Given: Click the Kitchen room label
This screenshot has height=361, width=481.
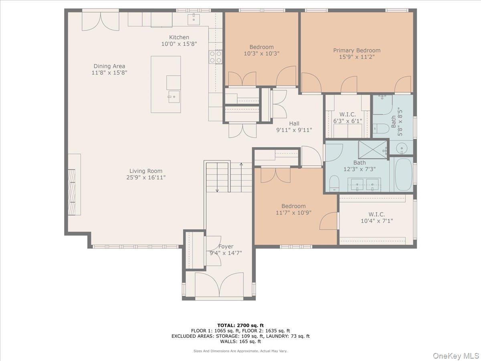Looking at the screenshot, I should point(179,37).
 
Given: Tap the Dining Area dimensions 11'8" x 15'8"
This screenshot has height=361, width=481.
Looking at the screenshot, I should point(109,73).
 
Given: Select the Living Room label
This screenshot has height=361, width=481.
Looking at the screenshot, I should point(146,171).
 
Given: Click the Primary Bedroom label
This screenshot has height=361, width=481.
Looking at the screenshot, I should point(357,51).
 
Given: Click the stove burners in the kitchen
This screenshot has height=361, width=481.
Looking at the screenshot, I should point(216,57).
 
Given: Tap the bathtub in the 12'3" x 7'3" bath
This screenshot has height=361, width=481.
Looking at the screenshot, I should point(403,174).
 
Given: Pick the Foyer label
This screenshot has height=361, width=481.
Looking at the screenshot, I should point(226,247).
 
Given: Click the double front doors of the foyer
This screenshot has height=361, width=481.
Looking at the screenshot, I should point(219,285).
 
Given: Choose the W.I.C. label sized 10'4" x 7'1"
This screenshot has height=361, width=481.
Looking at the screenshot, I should point(376,214).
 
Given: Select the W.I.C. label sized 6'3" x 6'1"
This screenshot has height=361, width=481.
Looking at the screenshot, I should point(347,115).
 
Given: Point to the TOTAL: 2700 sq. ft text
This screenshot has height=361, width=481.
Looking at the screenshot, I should point(240,325).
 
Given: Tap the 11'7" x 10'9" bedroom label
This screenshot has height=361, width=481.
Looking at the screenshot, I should point(293,206).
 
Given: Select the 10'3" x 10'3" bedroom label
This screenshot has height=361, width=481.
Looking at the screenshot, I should point(261,47).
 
